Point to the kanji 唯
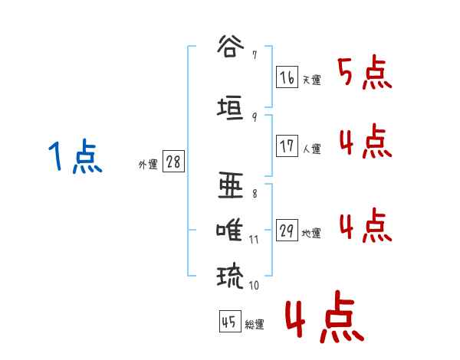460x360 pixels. pyautogui.click(x=231, y=231)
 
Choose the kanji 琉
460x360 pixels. pyautogui.click(x=231, y=275)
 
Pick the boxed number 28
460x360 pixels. pyautogui.click(x=172, y=163)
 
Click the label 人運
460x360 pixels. pyautogui.click(x=311, y=149)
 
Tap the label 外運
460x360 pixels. pyautogui.click(x=147, y=164)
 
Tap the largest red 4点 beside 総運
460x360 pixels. pyautogui.click(x=322, y=320)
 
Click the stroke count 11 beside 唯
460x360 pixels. pyautogui.click(x=254, y=240)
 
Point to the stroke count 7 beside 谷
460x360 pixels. pyautogui.click(x=254, y=55)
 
